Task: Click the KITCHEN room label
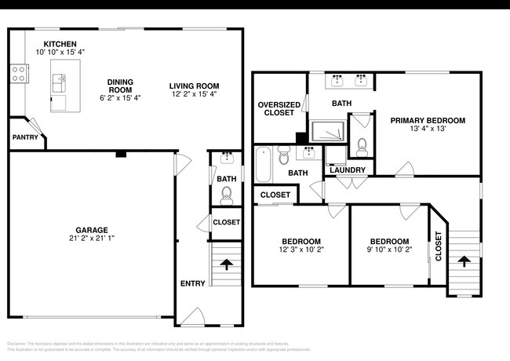(x=60, y=44)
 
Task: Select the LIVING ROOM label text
(x=194, y=86)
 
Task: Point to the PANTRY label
(x=25, y=137)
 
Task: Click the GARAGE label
(x=92, y=230)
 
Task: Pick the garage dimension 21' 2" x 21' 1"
(x=92, y=239)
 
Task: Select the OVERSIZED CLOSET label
(x=276, y=108)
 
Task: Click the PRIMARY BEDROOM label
(x=428, y=120)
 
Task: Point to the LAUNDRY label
(x=345, y=170)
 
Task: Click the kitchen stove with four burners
(x=18, y=75)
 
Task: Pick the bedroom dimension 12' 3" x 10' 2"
(x=301, y=250)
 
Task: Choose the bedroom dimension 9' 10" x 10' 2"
(x=389, y=250)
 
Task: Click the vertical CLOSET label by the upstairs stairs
(x=439, y=246)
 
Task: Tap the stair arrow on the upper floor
(x=464, y=262)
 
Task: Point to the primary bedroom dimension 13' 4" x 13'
(x=428, y=129)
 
